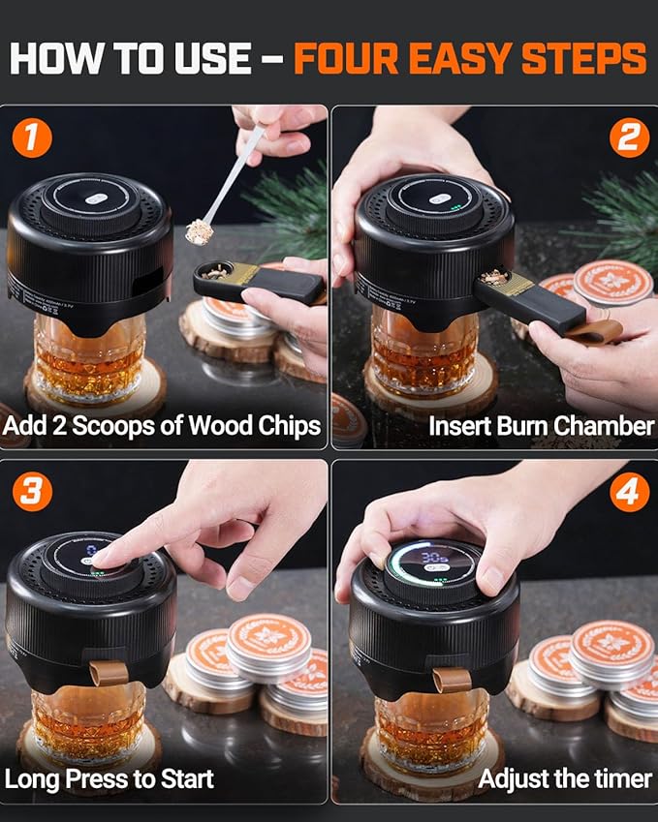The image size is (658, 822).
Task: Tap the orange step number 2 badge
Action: pyautogui.click(x=629, y=137)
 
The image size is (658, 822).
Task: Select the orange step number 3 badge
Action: pyautogui.click(x=32, y=492)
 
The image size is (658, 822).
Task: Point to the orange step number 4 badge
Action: pyautogui.click(x=629, y=492)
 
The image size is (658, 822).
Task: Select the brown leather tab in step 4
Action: pyautogui.click(x=452, y=678)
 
